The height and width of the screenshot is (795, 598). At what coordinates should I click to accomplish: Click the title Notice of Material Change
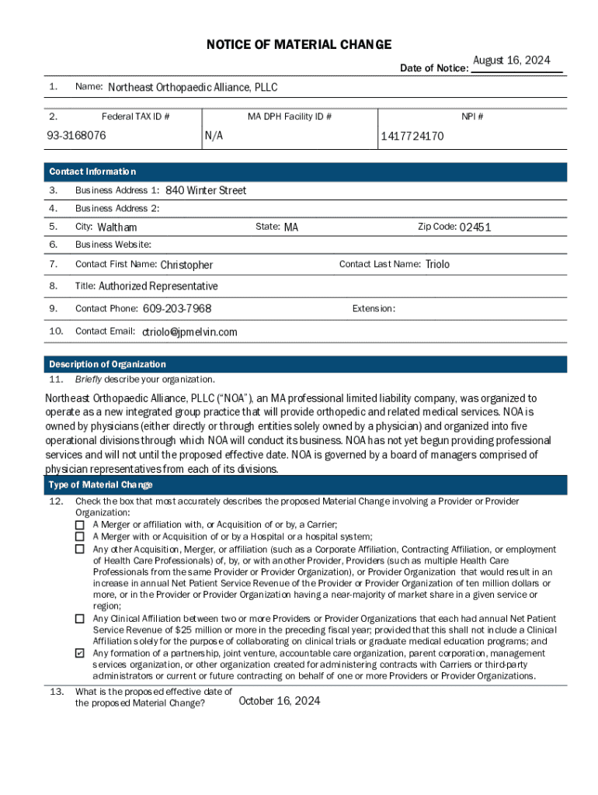(x=299, y=44)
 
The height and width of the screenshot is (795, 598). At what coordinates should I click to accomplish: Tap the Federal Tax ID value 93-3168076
(x=75, y=136)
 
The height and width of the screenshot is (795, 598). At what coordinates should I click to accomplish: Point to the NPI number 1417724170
(x=412, y=137)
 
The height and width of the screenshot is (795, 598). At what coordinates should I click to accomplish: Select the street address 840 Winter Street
(x=206, y=190)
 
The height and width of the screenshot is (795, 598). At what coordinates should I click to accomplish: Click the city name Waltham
(x=116, y=227)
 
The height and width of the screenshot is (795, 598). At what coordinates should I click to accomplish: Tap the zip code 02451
(x=475, y=227)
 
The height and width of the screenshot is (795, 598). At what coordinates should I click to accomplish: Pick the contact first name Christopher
(x=186, y=265)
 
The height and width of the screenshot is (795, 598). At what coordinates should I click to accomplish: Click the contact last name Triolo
(x=437, y=264)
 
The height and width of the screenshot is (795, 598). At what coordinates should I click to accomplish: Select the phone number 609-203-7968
(x=177, y=309)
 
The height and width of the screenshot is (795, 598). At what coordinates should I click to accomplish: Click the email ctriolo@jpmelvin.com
(x=189, y=332)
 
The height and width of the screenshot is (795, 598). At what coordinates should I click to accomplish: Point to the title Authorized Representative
(x=158, y=286)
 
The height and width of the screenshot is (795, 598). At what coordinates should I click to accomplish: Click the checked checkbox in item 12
(x=79, y=654)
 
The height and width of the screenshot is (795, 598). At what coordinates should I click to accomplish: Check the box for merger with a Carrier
(x=79, y=525)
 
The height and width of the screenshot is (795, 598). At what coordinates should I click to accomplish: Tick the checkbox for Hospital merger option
(x=79, y=536)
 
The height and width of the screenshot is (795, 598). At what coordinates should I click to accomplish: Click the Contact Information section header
(x=92, y=172)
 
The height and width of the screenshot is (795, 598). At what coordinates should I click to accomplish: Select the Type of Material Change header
(x=101, y=485)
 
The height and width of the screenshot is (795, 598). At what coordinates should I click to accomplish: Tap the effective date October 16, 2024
(x=280, y=701)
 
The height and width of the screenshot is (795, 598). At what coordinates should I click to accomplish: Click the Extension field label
(x=374, y=309)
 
